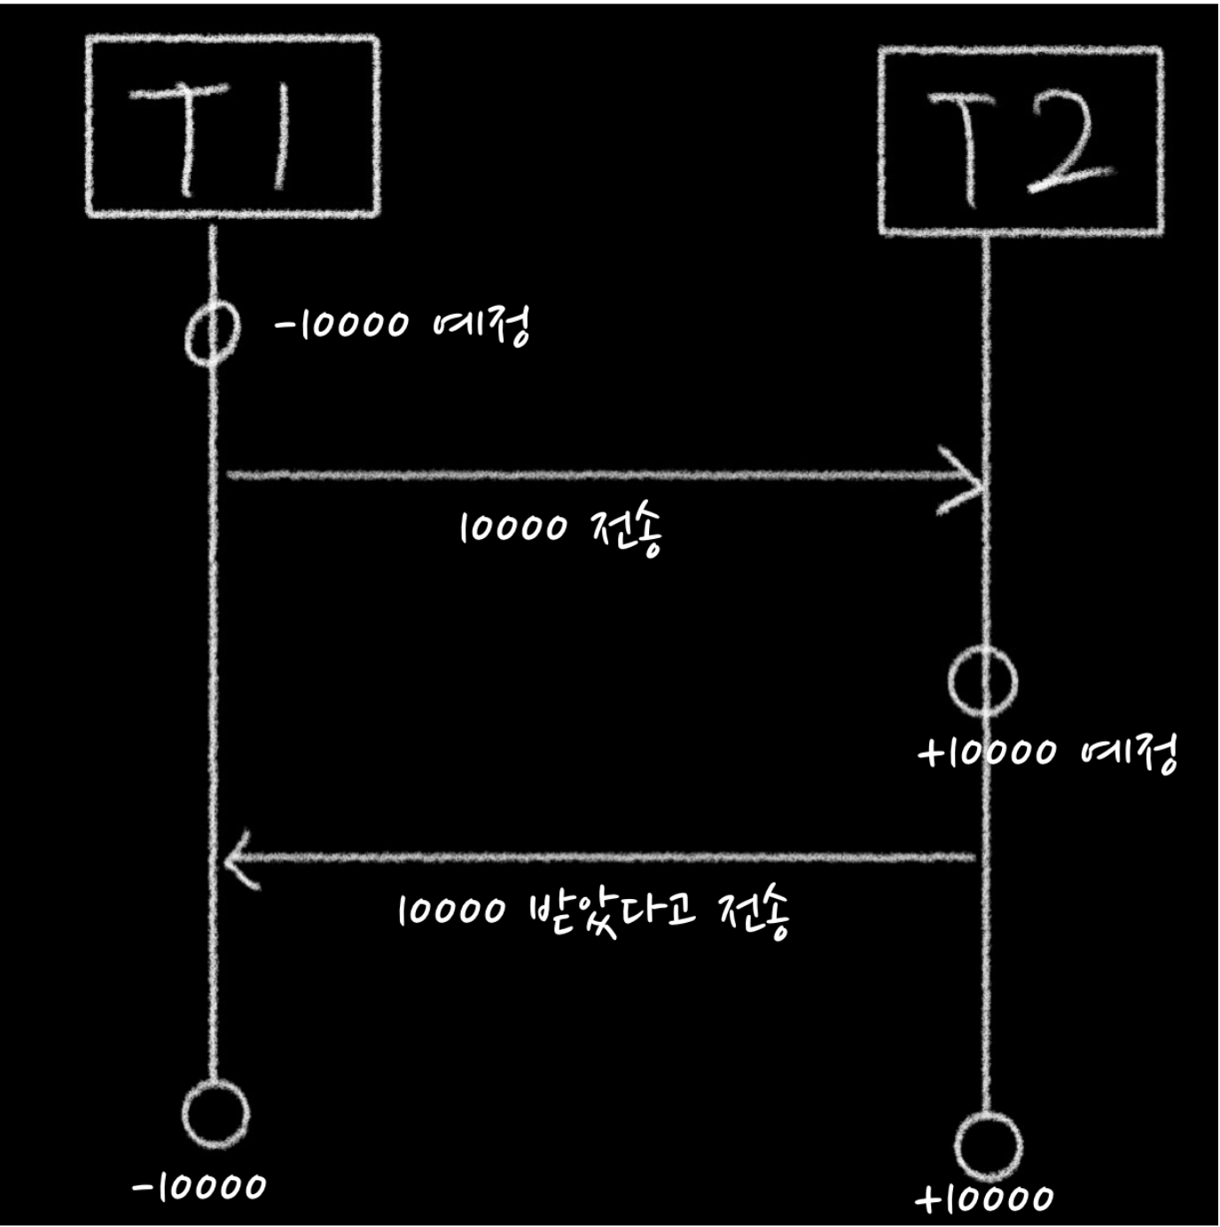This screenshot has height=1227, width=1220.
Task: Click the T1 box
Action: [232, 126]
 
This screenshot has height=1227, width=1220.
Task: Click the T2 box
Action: [1021, 141]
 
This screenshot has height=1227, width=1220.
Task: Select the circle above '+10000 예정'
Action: [982, 681]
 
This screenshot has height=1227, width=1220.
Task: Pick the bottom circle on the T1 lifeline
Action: [215, 1114]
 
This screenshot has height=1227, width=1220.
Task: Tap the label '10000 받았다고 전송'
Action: [592, 911]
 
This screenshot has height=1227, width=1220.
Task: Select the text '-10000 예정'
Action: [403, 324]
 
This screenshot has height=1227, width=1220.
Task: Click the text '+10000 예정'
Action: [1048, 754]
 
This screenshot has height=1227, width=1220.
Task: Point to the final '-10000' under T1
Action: [199, 1186]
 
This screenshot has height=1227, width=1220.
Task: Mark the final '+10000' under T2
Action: [985, 1200]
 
